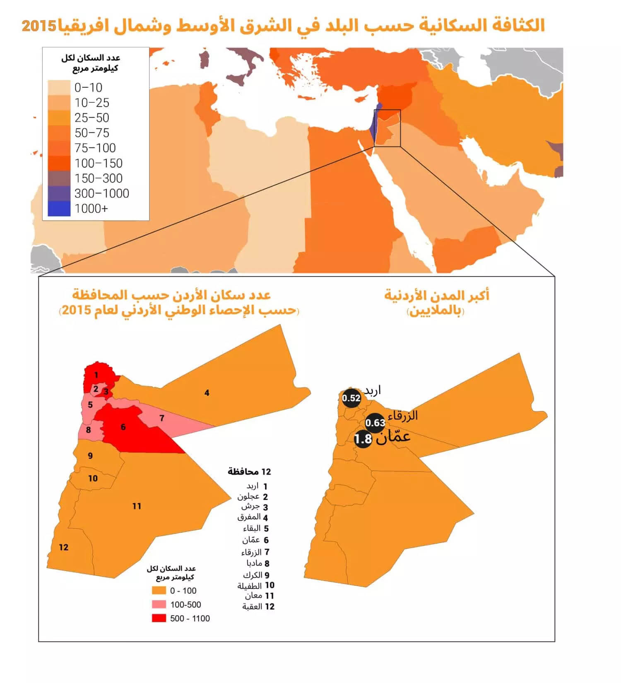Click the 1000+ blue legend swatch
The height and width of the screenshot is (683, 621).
tap(59, 209)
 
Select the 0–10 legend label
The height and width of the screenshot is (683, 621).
tap(88, 88)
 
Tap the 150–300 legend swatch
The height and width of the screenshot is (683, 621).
tap(59, 178)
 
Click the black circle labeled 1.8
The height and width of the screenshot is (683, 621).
tap(363, 439)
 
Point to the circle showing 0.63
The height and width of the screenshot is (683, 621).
tap(375, 423)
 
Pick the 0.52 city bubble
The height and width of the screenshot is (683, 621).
tap(351, 398)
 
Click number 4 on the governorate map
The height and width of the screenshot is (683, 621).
tap(207, 393)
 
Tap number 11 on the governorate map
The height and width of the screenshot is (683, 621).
tap(137, 506)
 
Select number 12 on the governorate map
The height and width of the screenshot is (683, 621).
tap(63, 547)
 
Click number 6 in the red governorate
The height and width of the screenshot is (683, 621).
tap(123, 427)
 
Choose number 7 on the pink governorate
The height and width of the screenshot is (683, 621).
tap(162, 418)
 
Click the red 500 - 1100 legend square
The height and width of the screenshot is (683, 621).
tap(159, 618)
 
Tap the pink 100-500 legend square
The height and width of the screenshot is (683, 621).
tap(159, 604)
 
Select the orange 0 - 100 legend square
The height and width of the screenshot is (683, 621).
tap(159, 591)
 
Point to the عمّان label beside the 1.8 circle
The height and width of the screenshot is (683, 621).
tap(393, 437)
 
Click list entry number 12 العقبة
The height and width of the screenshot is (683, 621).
tap(258, 607)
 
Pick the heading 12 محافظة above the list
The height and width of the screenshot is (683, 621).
tap(249, 471)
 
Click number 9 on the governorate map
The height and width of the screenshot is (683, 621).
tap(90, 456)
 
